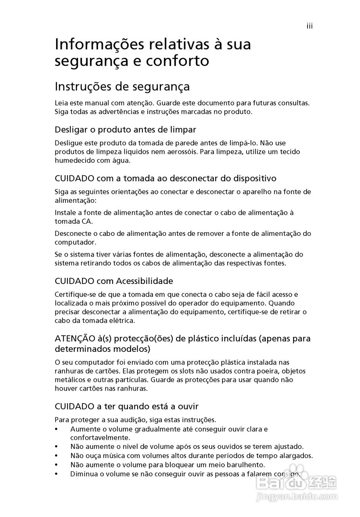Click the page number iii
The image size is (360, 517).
(x=310, y=26)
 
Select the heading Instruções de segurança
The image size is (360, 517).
(x=122, y=87)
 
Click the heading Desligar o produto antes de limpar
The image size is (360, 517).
(x=126, y=130)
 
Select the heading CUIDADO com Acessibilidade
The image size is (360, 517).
(x=114, y=281)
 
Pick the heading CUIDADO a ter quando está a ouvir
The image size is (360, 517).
(x=127, y=406)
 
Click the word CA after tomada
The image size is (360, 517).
(x=87, y=221)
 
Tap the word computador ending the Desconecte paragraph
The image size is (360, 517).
(x=75, y=242)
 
